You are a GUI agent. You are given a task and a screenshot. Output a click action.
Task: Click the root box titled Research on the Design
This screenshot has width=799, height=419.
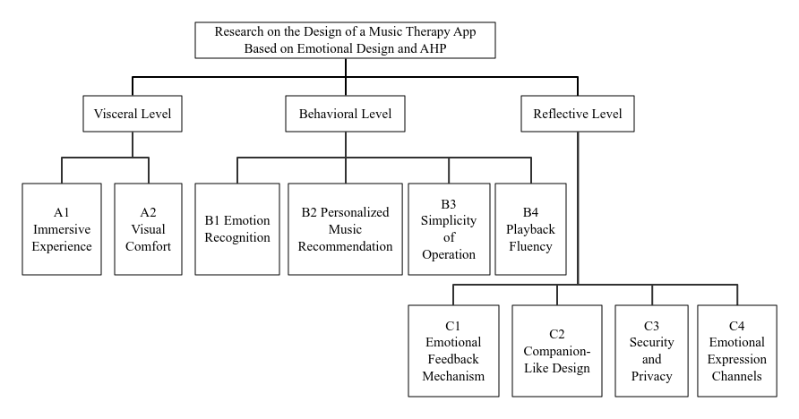pyautogui.click(x=345, y=40)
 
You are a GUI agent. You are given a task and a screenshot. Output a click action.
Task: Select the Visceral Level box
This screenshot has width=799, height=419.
pyautogui.click(x=133, y=114)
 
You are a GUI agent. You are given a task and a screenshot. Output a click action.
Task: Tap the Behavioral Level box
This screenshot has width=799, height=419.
pyautogui.click(x=345, y=114)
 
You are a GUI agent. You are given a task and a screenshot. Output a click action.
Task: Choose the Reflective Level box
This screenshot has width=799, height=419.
pyautogui.click(x=578, y=114)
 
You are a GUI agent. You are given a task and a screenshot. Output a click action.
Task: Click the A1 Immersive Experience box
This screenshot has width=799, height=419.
pyautogui.click(x=62, y=229)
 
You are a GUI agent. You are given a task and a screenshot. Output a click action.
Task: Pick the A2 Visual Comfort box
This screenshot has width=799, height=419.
pyautogui.click(x=149, y=229)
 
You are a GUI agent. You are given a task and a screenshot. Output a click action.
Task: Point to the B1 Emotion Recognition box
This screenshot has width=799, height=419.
pyautogui.click(x=237, y=229)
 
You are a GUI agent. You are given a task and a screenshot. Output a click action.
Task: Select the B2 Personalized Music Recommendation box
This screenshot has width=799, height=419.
pyautogui.click(x=345, y=229)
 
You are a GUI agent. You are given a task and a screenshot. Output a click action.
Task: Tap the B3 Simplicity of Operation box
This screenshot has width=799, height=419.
pyautogui.click(x=449, y=229)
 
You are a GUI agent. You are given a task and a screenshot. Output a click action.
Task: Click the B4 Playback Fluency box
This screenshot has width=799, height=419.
pyautogui.click(x=530, y=229)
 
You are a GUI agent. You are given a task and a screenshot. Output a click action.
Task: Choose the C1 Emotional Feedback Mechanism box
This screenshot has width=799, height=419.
pyautogui.click(x=453, y=351)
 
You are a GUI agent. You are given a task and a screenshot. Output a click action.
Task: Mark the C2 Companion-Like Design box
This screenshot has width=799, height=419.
pyautogui.click(x=557, y=351)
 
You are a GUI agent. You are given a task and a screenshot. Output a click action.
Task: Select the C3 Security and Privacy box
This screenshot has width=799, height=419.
pyautogui.click(x=652, y=351)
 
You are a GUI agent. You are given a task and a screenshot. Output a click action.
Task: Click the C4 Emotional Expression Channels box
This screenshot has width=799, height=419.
pyautogui.click(x=737, y=351)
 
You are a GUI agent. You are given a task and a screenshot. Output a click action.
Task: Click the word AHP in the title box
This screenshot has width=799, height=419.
pyautogui.click(x=434, y=49)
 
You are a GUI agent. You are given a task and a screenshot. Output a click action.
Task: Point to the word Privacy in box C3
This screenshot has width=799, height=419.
pyautogui.click(x=652, y=377)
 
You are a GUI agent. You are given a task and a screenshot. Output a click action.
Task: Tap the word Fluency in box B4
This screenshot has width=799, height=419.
pyautogui.click(x=530, y=247)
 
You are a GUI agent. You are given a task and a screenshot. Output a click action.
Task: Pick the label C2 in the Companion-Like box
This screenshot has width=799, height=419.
pyautogui.click(x=557, y=334)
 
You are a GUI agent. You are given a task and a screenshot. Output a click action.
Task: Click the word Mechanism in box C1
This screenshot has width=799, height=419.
pyautogui.click(x=453, y=376)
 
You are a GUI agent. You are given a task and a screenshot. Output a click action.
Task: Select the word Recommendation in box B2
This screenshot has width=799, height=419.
pyautogui.click(x=345, y=246)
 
